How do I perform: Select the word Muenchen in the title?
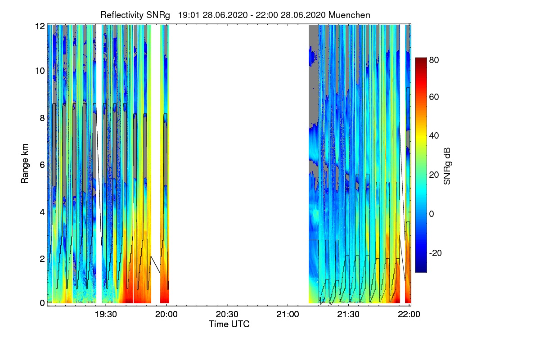[349, 15]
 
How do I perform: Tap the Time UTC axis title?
[229, 324]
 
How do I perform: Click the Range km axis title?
[25, 164]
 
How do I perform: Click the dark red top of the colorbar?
[421, 60]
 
